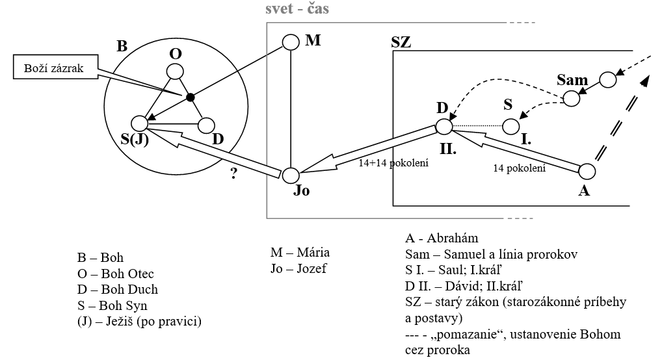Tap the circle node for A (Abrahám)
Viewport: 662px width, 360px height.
click(x=587, y=172)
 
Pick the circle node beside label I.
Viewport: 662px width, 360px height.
click(x=512, y=125)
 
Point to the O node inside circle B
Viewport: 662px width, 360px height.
click(x=175, y=71)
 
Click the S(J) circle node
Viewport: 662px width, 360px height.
click(x=139, y=123)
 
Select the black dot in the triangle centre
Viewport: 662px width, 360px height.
click(x=190, y=97)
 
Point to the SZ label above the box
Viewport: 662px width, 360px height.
click(x=401, y=42)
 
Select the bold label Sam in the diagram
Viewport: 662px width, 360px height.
click(x=572, y=81)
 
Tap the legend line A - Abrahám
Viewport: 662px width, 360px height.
click(x=442, y=238)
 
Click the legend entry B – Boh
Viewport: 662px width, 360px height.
click(x=100, y=258)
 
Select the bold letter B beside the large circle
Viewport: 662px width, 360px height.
click(x=122, y=47)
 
